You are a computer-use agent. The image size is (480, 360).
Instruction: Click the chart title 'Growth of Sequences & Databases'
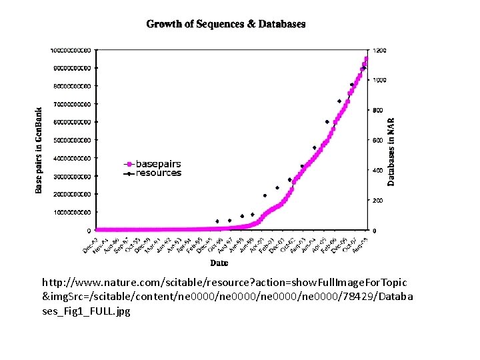point(226,24)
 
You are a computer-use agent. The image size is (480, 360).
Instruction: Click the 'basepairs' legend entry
point(158,163)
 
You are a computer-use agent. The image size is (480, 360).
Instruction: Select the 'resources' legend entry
point(158,173)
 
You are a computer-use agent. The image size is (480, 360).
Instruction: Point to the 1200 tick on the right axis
point(379,50)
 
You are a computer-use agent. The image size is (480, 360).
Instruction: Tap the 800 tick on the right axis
point(378,110)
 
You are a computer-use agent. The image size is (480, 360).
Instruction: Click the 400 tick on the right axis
point(378,171)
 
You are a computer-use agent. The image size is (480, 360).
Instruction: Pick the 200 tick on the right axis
point(378,201)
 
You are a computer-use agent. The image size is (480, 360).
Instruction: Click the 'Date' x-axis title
point(219,263)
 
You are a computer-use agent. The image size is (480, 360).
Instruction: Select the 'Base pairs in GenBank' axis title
point(39,150)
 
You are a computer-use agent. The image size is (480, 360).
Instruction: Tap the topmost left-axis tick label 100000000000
point(75,50)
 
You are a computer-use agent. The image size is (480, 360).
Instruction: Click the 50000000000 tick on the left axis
point(76,140)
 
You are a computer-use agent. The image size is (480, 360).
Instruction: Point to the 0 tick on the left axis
point(91,230)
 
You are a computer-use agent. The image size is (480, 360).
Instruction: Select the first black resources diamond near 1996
point(217,221)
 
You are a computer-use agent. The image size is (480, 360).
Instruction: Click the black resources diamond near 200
point(265,196)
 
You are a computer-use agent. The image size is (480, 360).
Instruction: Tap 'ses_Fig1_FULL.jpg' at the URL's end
point(86,311)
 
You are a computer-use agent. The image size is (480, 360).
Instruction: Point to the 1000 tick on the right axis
point(379,80)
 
